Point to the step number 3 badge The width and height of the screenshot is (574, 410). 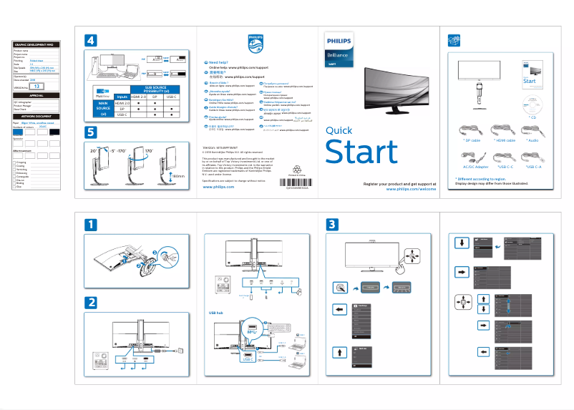[334, 225]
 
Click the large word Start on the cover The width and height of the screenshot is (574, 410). [361, 152]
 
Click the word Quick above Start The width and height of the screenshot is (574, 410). [339, 130]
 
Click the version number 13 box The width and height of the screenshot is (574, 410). [41, 86]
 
